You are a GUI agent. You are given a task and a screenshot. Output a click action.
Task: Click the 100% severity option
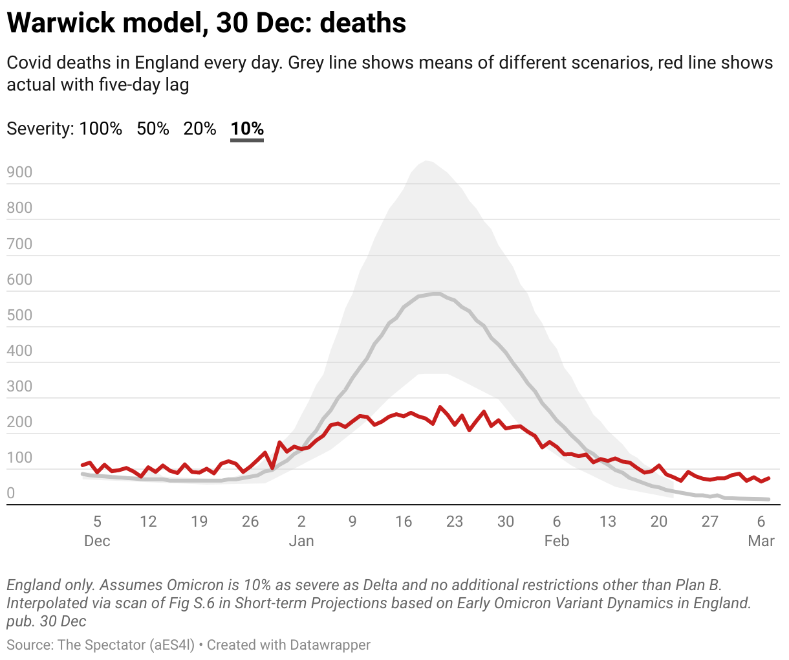[100, 129]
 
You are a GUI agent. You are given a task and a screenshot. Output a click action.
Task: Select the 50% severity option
[153, 129]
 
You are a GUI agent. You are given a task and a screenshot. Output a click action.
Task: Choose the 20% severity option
[200, 129]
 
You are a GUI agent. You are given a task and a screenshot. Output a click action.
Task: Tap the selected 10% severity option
[247, 129]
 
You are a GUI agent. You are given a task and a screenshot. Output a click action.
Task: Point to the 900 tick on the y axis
[19, 172]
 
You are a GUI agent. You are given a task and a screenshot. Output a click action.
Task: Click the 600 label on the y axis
[19, 280]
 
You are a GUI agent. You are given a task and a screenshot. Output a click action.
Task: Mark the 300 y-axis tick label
[19, 386]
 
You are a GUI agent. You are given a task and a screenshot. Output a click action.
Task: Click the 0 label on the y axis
[10, 493]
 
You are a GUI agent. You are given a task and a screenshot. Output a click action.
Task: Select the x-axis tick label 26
[250, 522]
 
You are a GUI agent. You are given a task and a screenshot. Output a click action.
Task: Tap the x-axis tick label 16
[404, 522]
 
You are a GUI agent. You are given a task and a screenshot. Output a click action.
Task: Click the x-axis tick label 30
[506, 522]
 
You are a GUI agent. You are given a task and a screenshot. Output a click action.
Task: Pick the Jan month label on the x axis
[301, 541]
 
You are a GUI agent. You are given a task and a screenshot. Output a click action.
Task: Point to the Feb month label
[557, 541]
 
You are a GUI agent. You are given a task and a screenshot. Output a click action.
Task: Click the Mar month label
[761, 541]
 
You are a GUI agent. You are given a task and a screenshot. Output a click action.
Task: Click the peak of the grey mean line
[437, 293]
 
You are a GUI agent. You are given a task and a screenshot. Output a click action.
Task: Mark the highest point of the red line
[440, 407]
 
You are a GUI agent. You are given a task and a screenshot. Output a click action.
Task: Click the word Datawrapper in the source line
[330, 645]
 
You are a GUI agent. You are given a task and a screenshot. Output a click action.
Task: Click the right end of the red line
[768, 478]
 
